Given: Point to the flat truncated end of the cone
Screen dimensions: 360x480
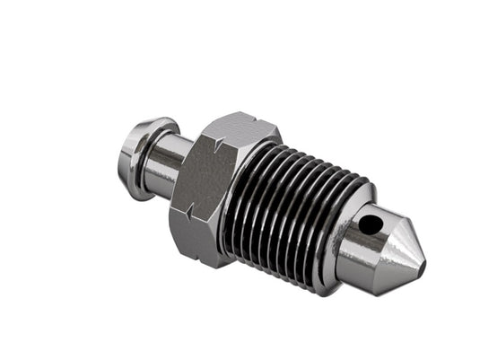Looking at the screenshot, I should [420, 267].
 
